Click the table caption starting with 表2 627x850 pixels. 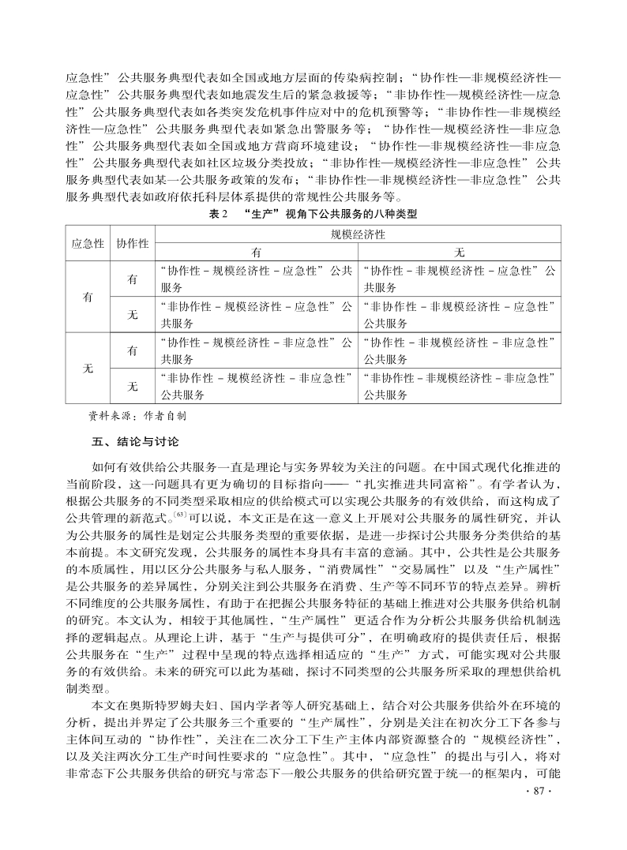313,214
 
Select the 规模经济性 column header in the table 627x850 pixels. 358,234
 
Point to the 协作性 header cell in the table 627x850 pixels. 132,243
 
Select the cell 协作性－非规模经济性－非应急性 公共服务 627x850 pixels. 460,350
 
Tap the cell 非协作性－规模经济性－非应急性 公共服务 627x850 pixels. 257,386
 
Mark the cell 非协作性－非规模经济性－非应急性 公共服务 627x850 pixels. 460,386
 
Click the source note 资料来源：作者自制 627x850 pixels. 136,414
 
